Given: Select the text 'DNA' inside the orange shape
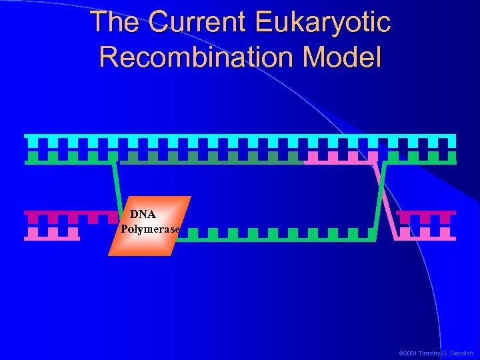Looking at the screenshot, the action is [x=143, y=215].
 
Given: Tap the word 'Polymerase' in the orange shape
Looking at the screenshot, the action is [x=150, y=229].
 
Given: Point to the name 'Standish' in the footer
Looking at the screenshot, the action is [x=460, y=353].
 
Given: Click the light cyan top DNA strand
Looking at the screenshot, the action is [x=240, y=141].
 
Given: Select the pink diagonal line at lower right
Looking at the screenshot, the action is [x=387, y=200].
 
